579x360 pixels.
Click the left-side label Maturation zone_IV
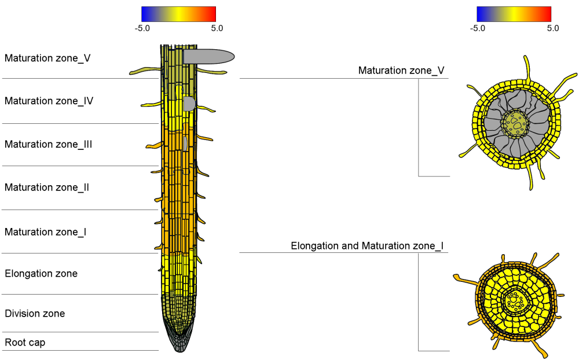pyautogui.click(x=49, y=101)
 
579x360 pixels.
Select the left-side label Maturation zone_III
pyautogui.click(x=49, y=144)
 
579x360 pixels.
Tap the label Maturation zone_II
pyautogui.click(x=47, y=188)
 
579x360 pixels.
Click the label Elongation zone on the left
pyautogui.click(x=41, y=273)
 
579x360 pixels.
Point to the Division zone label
pyautogui.click(x=35, y=314)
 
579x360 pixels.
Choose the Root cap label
pyautogui.click(x=25, y=343)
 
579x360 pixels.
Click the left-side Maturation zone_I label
pyautogui.click(x=46, y=232)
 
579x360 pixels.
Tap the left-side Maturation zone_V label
pyautogui.click(x=47, y=58)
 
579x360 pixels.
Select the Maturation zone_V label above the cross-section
pyautogui.click(x=401, y=71)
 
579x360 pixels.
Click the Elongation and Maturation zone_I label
pyautogui.click(x=367, y=246)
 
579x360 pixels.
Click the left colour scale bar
pyautogui.click(x=178, y=14)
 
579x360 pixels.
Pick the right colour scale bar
pyautogui.click(x=514, y=14)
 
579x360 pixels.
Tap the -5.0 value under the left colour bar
pyautogui.click(x=142, y=28)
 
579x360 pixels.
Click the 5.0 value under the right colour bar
pyautogui.click(x=553, y=28)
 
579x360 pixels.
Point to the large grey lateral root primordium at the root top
pyautogui.click(x=208, y=56)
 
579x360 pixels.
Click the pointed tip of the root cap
pyautogui.click(x=179, y=350)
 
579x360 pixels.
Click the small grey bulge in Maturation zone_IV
pyautogui.click(x=189, y=104)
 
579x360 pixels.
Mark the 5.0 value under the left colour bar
pyautogui.click(x=217, y=28)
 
